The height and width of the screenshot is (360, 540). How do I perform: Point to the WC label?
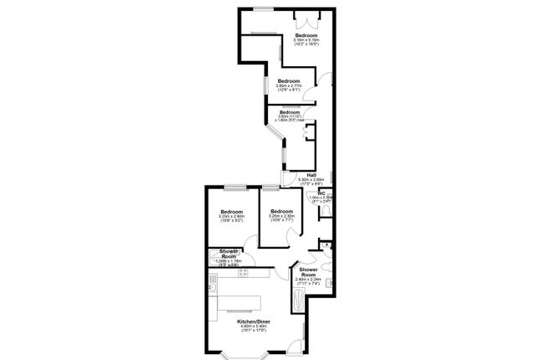coord(320,193)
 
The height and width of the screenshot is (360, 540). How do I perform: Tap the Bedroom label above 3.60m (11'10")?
coord(290,111)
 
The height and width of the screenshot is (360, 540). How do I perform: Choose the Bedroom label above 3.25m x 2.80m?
coord(231,211)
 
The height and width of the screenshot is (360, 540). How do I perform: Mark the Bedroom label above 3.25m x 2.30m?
coord(281,211)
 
